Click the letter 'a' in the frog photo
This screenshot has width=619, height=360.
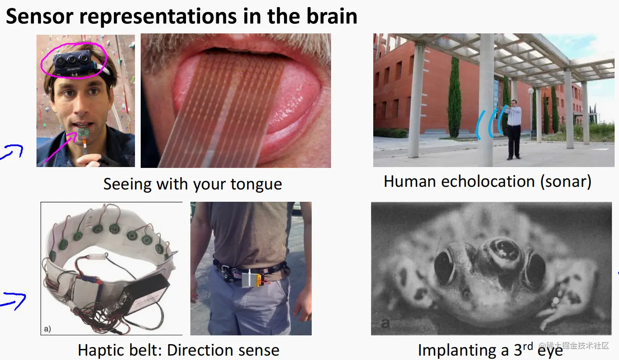[x=385, y=323]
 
